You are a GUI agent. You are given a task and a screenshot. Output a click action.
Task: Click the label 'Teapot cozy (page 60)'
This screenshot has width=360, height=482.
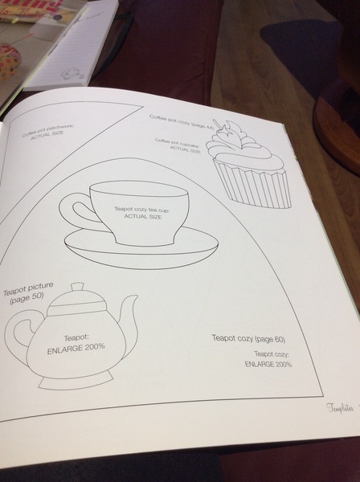click(248, 338)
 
